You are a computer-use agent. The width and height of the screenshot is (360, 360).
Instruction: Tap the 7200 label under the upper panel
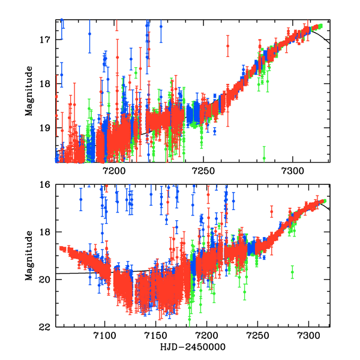pyautogui.click(x=114, y=171)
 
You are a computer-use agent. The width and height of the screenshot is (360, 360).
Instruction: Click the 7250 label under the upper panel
pyautogui.click(x=203, y=171)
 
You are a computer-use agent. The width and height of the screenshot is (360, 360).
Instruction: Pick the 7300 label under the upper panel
pyautogui.click(x=293, y=171)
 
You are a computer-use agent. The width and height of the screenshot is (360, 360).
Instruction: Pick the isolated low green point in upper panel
pyautogui.click(x=264, y=158)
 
